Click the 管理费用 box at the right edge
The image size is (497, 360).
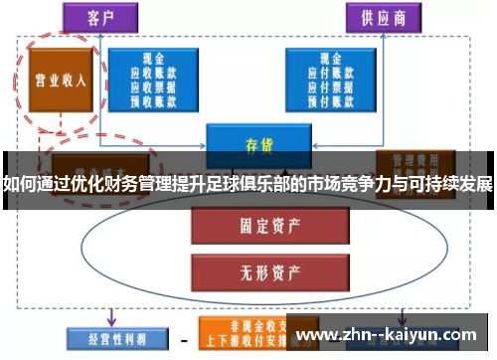[x=409, y=160]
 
